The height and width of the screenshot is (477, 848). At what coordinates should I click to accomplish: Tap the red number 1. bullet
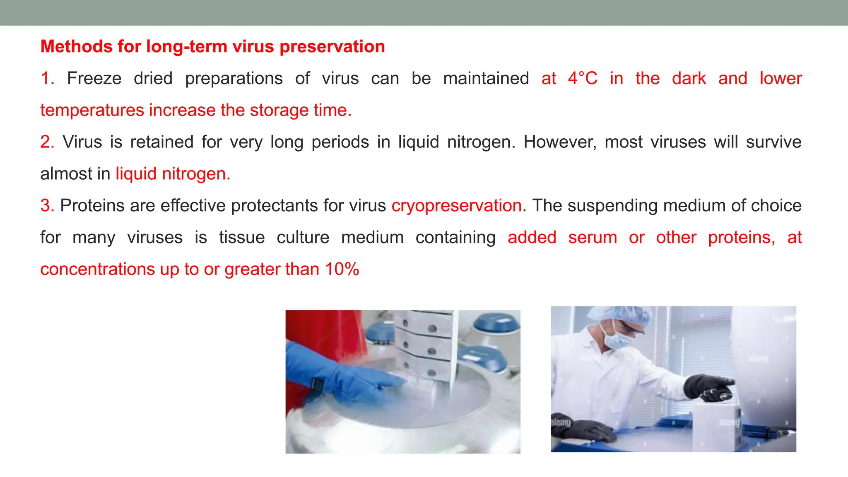(x=47, y=78)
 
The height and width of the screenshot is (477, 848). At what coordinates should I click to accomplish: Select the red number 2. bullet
(x=47, y=142)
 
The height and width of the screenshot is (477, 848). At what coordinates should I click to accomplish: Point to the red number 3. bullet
(x=47, y=206)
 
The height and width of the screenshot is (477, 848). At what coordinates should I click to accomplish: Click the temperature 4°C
(x=583, y=78)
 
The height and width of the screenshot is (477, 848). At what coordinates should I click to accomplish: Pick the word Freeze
(x=94, y=78)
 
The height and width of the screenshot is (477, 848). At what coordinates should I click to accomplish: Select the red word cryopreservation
(x=456, y=206)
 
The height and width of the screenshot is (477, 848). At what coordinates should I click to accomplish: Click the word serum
(x=593, y=238)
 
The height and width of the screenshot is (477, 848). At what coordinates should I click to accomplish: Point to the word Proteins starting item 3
(x=92, y=206)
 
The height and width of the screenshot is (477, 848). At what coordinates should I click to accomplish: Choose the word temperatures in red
(x=92, y=110)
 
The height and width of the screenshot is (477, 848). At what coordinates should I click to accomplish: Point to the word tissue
(x=242, y=238)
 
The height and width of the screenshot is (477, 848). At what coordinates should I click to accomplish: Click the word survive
(x=773, y=142)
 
